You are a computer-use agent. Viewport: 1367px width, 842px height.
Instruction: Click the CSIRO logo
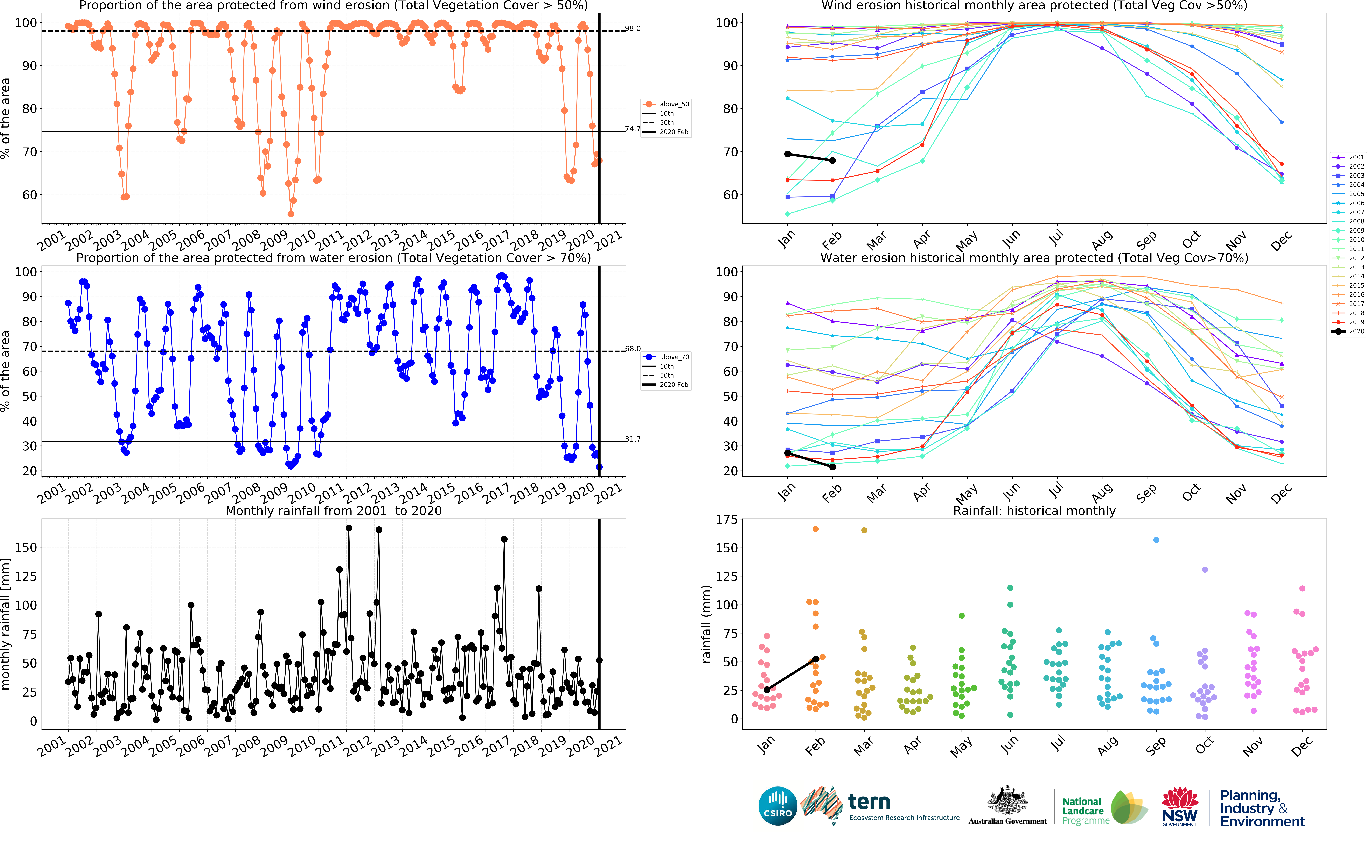(778, 806)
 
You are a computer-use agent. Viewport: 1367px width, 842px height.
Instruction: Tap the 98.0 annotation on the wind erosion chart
(633, 28)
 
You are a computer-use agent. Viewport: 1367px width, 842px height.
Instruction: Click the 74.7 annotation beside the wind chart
(633, 129)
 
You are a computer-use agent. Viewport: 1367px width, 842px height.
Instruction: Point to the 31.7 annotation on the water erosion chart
(633, 439)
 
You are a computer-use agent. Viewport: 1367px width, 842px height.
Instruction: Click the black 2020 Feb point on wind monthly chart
(832, 160)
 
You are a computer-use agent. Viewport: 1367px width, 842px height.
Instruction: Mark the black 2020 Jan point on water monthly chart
(787, 453)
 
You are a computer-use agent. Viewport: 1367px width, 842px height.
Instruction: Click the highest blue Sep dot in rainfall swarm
(1156, 540)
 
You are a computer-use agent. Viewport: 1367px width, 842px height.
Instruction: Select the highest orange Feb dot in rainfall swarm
(816, 529)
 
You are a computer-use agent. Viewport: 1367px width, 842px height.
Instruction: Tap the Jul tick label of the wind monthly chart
(1056, 238)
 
